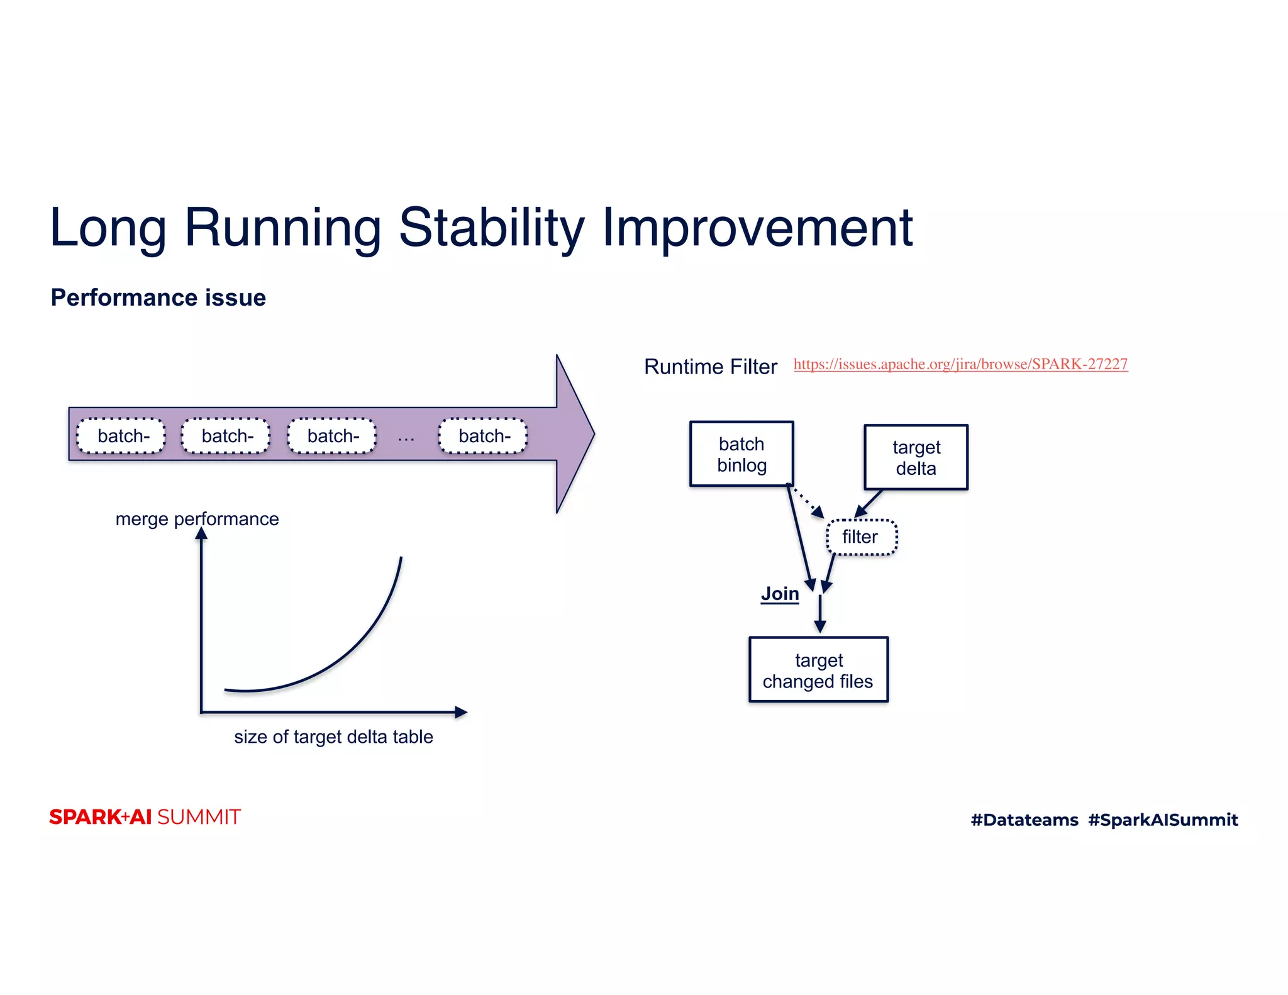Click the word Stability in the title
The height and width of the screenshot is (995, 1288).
(492, 228)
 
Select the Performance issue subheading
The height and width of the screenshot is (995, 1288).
(158, 297)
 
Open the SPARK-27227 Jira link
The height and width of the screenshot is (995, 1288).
(960, 364)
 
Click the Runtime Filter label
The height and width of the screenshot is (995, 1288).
(710, 367)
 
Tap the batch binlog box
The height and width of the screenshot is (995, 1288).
(741, 454)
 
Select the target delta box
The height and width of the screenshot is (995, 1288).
(916, 457)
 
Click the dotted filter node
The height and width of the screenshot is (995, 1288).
(861, 537)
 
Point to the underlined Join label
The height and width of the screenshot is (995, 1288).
(779, 594)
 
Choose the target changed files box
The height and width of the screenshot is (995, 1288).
(818, 670)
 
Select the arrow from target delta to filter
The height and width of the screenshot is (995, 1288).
(869, 504)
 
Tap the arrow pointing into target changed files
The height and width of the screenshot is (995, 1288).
(820, 615)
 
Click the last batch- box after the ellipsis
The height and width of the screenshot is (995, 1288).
(483, 436)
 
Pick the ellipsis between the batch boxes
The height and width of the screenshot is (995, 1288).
(406, 438)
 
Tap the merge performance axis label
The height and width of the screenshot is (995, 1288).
(197, 519)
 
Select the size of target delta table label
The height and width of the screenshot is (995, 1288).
(333, 737)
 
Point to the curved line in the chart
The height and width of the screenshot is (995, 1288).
(352, 655)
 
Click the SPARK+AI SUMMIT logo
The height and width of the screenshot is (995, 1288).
(145, 817)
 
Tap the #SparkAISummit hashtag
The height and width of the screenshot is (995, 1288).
(1162, 820)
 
